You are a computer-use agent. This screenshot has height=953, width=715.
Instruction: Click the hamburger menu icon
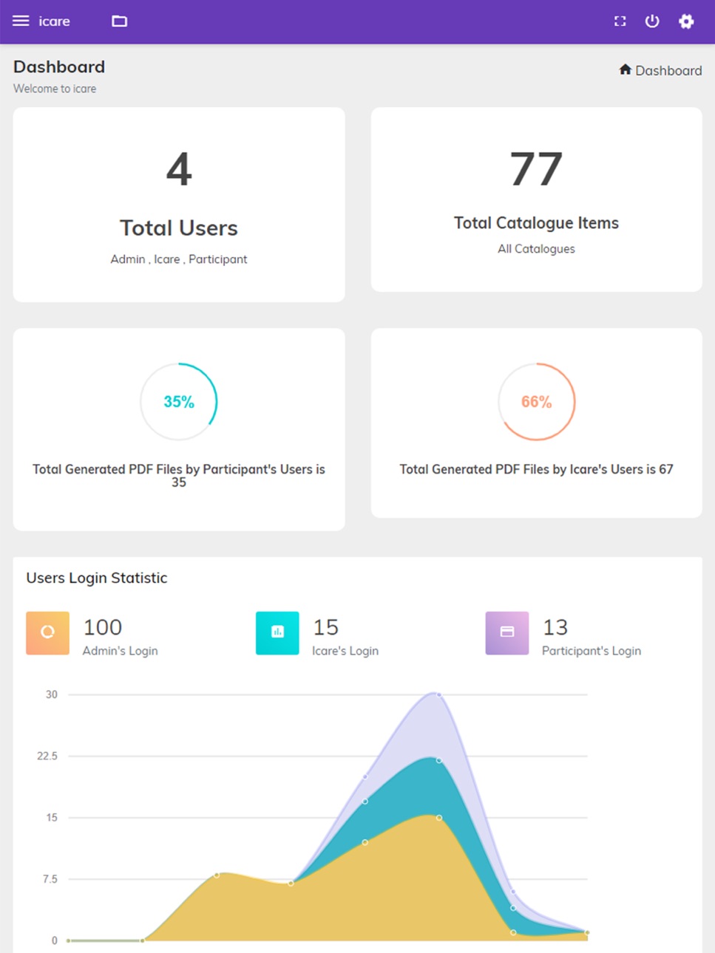(x=21, y=21)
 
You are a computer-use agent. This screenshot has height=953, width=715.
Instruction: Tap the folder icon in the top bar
(x=119, y=21)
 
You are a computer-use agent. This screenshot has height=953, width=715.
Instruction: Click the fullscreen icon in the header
(x=620, y=21)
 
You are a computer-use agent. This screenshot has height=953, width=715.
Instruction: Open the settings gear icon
(x=686, y=21)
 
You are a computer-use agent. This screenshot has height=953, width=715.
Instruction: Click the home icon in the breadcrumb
(x=625, y=69)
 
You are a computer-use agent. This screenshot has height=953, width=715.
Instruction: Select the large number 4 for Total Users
(x=179, y=169)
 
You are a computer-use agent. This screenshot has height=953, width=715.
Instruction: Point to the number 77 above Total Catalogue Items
(x=536, y=168)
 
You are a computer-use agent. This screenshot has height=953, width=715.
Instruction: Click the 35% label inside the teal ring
(x=179, y=402)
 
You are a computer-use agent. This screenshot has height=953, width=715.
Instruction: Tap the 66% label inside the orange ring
(x=537, y=402)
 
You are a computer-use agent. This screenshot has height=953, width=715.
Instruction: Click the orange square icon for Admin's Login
(x=48, y=632)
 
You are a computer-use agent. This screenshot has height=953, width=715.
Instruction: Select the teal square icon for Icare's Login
(x=277, y=632)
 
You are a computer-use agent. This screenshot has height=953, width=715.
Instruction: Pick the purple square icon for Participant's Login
(x=507, y=632)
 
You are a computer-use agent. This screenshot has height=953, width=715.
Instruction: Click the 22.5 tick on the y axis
(x=47, y=756)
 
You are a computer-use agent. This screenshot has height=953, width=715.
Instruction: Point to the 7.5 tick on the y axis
(x=50, y=879)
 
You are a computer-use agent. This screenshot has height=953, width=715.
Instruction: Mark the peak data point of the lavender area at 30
(x=439, y=694)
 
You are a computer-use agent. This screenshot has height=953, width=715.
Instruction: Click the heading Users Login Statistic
(x=96, y=578)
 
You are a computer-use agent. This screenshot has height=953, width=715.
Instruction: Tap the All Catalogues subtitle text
(x=536, y=249)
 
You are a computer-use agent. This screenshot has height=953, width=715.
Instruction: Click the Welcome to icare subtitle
(x=55, y=89)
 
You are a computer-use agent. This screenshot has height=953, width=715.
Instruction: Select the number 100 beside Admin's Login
(x=103, y=627)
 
